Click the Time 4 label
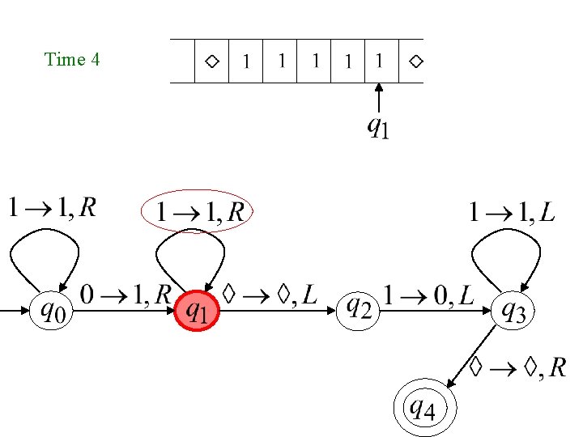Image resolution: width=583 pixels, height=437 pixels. (x=72, y=59)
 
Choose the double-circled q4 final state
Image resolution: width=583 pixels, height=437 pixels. (x=422, y=408)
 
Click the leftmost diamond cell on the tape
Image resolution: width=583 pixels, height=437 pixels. (x=211, y=61)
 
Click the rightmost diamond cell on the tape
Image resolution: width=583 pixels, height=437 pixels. (x=415, y=61)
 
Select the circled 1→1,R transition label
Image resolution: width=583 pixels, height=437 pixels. (x=198, y=212)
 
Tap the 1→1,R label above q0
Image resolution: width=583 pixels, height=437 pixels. (x=52, y=209)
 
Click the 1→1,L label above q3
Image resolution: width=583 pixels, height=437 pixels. (x=512, y=212)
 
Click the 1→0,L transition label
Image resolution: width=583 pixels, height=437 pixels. (x=430, y=295)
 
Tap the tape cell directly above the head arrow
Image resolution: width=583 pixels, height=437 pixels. (x=379, y=61)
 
